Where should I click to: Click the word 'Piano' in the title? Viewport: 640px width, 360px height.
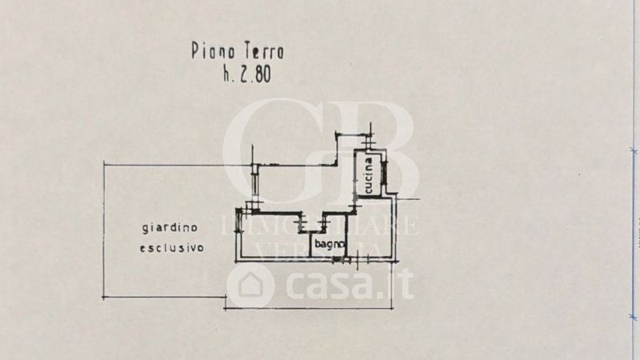tap(210, 52)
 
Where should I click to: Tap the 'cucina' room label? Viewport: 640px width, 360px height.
tap(369, 174)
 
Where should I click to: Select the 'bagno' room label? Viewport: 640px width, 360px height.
tap(329, 243)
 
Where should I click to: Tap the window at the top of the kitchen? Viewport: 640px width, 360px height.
tap(370, 143)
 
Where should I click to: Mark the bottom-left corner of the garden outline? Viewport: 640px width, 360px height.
tap(104, 298)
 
